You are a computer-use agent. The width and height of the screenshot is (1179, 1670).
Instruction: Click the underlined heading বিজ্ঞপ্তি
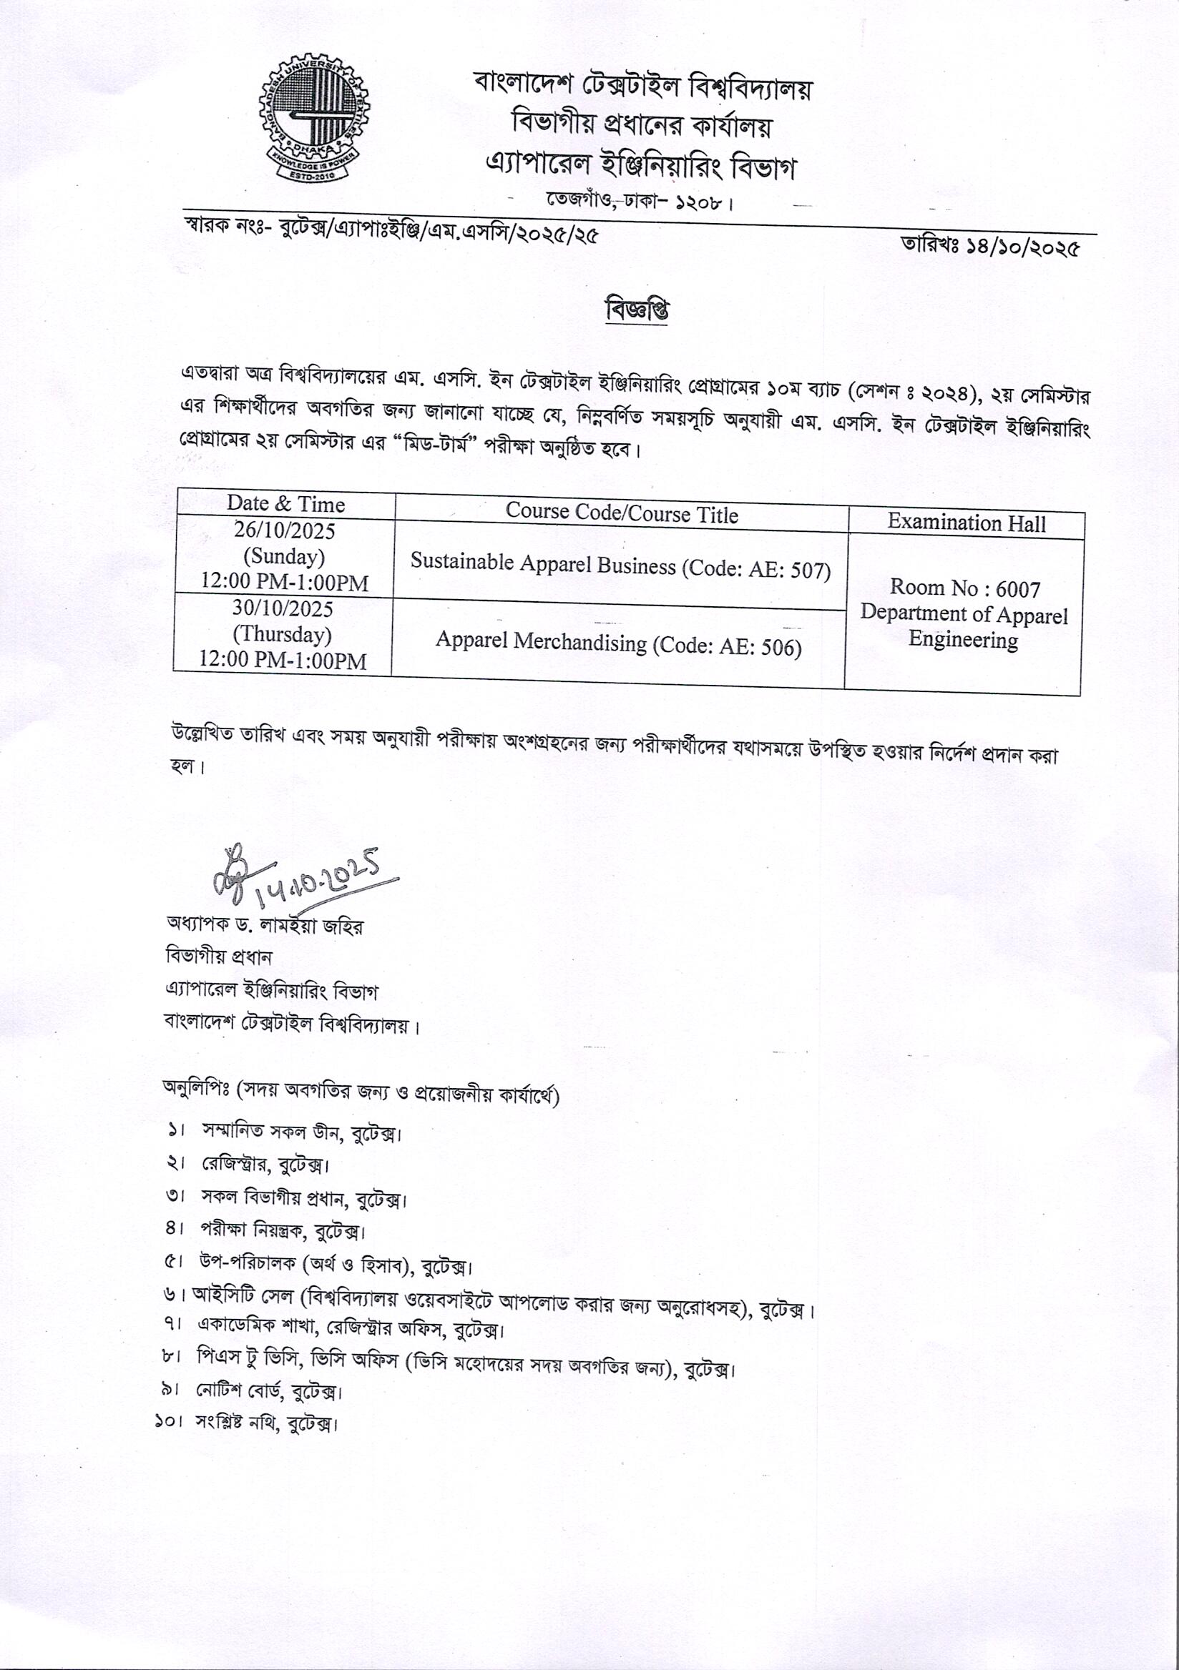[x=637, y=310]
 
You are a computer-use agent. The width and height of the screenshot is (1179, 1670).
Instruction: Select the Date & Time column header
[x=285, y=504]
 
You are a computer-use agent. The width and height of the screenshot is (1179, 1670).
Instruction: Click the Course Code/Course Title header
[x=622, y=513]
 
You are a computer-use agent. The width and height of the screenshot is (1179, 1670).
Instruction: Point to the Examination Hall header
[x=966, y=523]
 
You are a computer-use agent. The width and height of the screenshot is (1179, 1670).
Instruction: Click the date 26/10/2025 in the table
[x=285, y=531]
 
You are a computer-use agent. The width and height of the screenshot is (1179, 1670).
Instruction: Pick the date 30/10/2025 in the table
[x=283, y=609]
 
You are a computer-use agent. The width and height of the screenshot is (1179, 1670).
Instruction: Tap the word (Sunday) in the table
[x=284, y=556]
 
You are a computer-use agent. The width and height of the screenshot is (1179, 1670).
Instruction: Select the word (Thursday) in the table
[x=283, y=634]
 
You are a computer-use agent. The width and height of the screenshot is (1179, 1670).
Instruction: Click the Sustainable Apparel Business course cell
[x=620, y=565]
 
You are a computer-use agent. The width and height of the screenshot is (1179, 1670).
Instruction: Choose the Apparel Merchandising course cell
[x=619, y=643]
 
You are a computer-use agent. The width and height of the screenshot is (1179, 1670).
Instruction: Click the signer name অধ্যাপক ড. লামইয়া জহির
[x=265, y=926]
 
